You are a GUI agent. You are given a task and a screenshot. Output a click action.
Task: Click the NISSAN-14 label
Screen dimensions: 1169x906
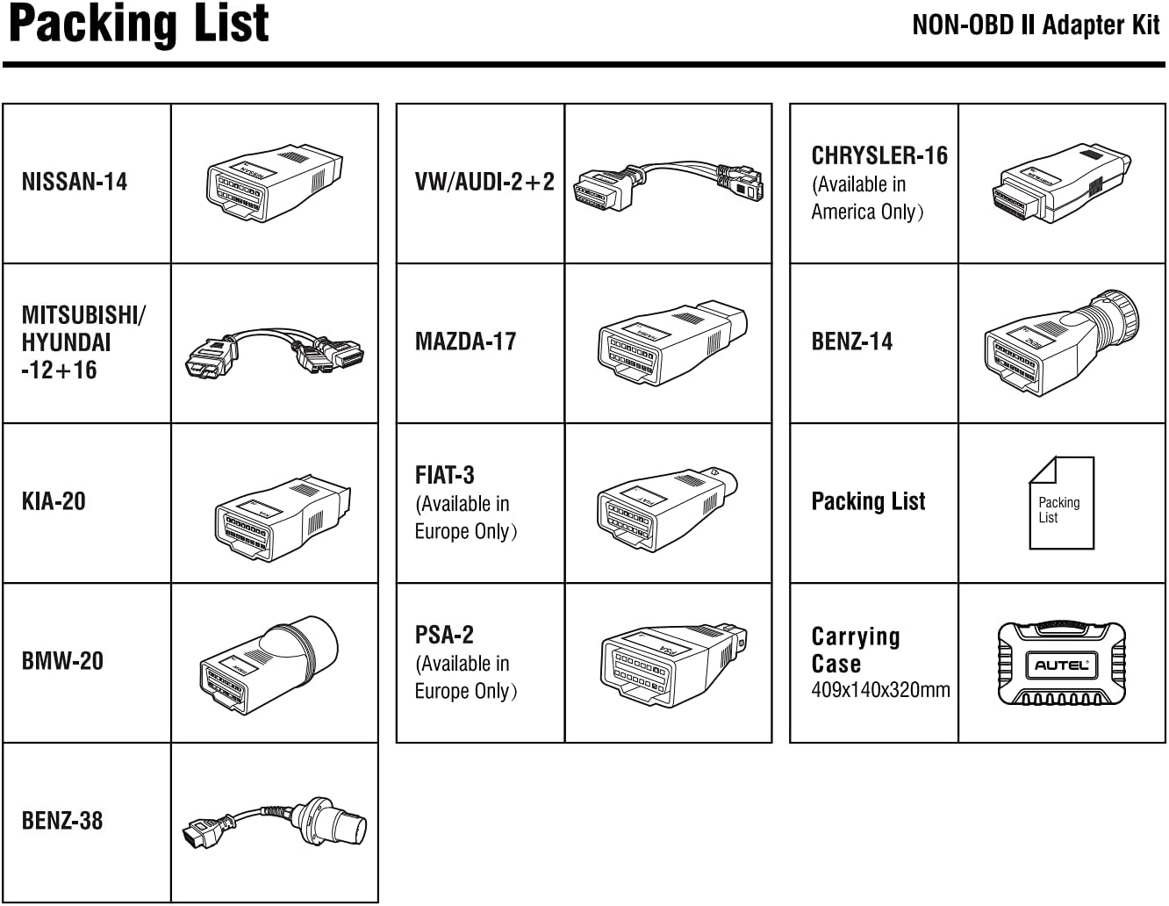pos(75,182)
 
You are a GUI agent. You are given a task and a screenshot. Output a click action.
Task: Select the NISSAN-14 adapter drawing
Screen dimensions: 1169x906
pos(273,183)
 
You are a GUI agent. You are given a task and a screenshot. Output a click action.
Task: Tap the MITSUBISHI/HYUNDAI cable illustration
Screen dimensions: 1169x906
pos(274,352)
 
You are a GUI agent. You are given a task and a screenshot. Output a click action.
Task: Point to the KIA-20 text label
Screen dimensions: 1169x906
pos(54,501)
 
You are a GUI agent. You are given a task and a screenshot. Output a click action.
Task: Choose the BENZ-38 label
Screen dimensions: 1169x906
pos(62,821)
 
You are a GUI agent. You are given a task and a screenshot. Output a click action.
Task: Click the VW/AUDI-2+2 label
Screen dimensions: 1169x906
pos(484,182)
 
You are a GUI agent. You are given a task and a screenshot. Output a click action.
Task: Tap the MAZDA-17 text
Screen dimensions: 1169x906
pos(465,342)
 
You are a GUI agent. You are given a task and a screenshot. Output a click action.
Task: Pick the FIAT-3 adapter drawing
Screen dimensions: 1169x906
pos(666,510)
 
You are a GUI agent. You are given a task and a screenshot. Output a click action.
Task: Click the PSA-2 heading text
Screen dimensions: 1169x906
pos(444,635)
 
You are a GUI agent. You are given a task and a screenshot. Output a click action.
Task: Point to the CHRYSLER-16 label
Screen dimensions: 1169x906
pos(879,155)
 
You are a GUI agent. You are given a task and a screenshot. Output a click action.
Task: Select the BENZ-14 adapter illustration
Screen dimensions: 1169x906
pos(1061,342)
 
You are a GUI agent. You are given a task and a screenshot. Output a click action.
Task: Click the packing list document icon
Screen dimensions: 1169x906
pos(1061,503)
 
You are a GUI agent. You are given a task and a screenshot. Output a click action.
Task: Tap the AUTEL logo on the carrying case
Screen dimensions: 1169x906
pos(1061,665)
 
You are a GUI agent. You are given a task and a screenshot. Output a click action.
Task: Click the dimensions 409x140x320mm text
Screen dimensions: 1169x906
pos(880,690)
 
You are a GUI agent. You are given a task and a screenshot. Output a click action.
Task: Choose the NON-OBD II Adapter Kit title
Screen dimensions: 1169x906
pos(1036,25)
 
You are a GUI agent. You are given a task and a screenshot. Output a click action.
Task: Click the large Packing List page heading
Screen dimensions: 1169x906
pos(139,25)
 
